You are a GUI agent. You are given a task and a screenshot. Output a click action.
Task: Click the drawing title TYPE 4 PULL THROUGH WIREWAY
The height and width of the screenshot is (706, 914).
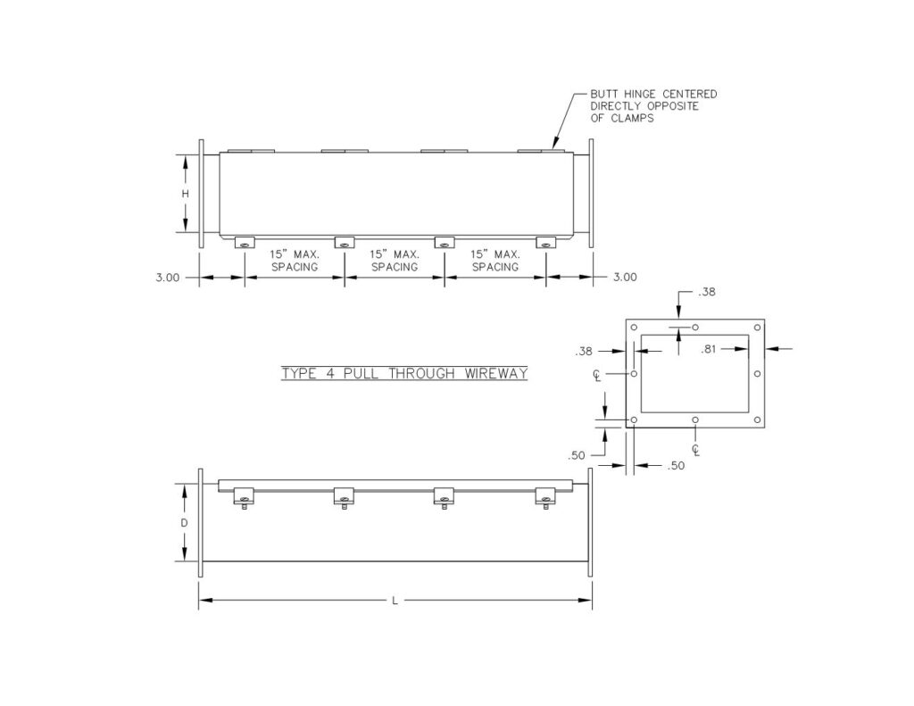(x=404, y=373)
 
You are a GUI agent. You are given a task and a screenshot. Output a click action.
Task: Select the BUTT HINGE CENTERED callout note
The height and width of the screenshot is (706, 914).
(x=653, y=106)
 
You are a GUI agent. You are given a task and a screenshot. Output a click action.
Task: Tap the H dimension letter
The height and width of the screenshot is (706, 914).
(x=186, y=194)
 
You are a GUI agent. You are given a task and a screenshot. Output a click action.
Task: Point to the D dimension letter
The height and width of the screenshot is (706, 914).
(x=184, y=523)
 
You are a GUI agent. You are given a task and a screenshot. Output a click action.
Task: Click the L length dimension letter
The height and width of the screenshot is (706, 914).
(x=395, y=600)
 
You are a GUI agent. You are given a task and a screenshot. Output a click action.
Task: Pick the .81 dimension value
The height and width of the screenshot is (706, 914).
(x=708, y=349)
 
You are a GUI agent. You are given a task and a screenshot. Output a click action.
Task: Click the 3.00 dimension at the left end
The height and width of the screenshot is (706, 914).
(x=167, y=278)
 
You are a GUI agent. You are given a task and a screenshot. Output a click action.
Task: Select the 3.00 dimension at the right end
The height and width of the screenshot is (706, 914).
(x=625, y=277)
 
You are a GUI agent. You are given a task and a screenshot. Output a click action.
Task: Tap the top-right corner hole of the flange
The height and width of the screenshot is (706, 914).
(x=757, y=328)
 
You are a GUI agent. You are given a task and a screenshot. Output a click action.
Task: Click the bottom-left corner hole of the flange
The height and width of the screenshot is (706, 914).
(x=635, y=419)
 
